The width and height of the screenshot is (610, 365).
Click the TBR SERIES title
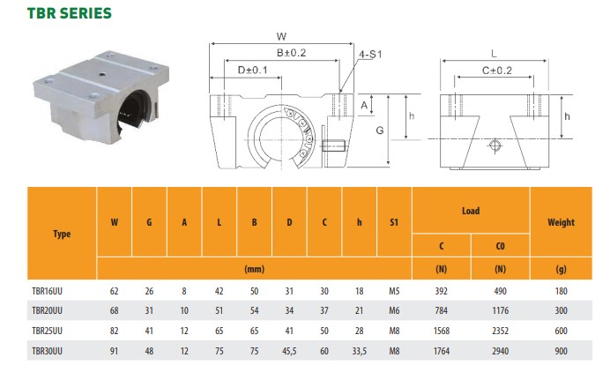(70, 13)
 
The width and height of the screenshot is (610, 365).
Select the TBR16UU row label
(47, 291)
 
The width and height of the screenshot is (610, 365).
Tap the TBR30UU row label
(47, 351)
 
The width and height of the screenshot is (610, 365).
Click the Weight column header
(561, 222)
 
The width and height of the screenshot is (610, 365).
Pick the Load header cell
(471, 211)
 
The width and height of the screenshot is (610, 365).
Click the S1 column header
(394, 222)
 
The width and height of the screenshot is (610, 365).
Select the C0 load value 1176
(501, 310)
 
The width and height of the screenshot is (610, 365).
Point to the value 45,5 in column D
(289, 351)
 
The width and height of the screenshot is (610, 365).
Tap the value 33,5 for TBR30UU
(359, 351)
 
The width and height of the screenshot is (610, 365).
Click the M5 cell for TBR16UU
(394, 291)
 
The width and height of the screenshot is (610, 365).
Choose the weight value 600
(561, 331)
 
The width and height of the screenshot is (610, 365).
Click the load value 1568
(441, 331)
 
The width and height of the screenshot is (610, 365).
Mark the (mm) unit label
(255, 269)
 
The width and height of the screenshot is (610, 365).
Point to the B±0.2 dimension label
(292, 53)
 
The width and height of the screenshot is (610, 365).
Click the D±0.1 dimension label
(252, 70)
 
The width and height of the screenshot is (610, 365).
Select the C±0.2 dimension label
(497, 71)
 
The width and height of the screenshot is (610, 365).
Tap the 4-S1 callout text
(370, 55)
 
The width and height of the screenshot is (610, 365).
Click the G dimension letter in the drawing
(380, 130)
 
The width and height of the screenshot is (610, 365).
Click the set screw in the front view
(334, 145)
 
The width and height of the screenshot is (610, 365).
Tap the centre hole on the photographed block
(102, 73)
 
